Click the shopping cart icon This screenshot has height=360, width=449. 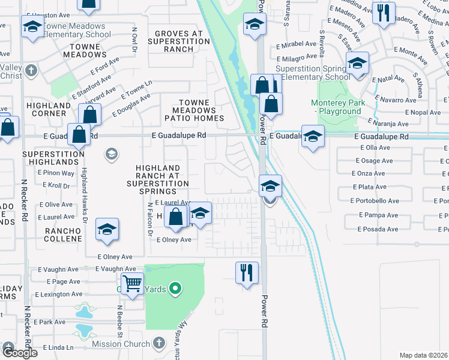point(132,282)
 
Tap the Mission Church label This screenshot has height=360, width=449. point(121,344)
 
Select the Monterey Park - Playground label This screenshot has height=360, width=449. point(336,107)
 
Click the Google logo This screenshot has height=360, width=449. point(19,353)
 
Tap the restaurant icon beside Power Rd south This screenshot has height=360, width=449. point(246,273)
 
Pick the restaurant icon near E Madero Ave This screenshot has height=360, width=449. point(383,13)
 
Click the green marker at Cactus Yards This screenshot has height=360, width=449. point(175,289)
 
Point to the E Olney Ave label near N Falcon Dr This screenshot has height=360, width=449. point(173,240)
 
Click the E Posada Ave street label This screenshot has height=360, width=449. point(378,229)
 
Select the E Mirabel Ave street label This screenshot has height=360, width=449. point(295,45)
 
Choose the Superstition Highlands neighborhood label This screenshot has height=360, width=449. point(53,158)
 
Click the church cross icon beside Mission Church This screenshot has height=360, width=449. point(158,343)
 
